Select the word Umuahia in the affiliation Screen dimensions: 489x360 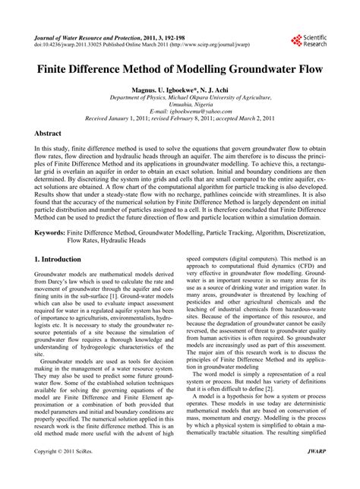(x=169, y=104)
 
